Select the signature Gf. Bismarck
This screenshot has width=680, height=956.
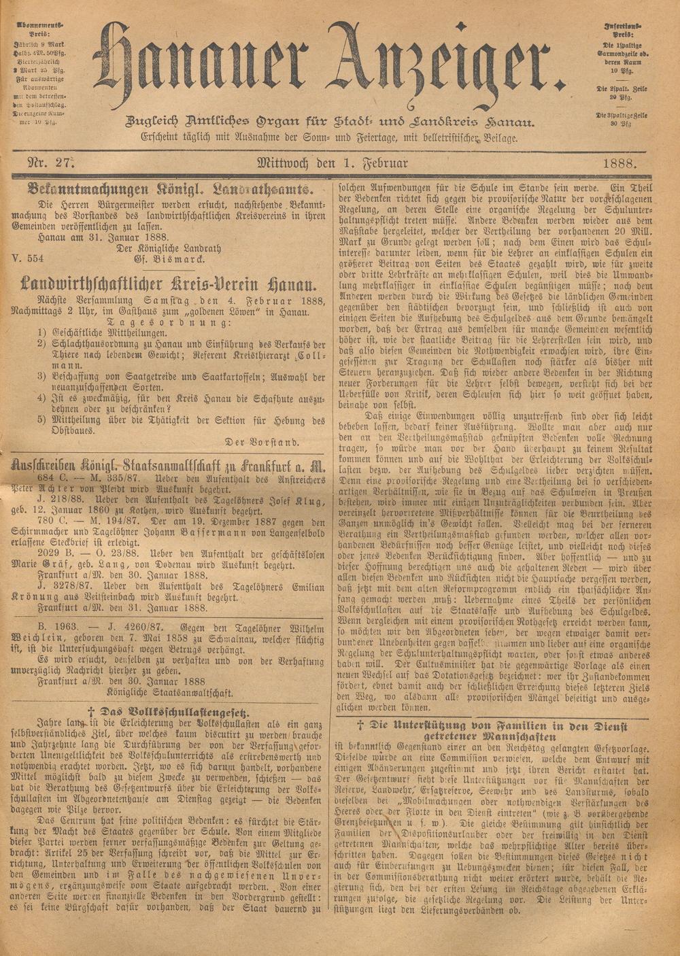(167, 259)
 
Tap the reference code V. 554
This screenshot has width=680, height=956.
(28, 259)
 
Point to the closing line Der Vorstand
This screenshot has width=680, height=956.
(261, 441)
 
